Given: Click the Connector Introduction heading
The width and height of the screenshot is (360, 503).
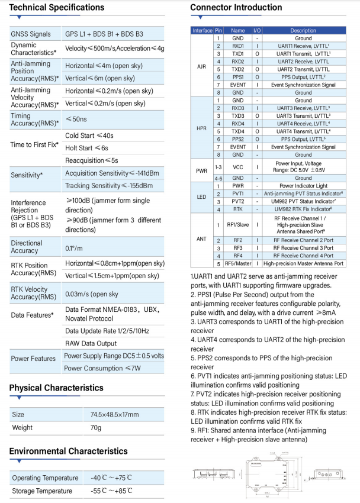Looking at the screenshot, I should [x=236, y=8].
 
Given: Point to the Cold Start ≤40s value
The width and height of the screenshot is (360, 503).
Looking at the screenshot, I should [x=89, y=135].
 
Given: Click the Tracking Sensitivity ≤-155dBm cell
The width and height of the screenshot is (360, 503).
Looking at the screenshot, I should [x=108, y=185].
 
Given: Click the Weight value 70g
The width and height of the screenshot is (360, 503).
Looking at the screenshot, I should [x=96, y=427].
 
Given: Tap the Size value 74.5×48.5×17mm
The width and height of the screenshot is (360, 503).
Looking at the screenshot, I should [x=114, y=414].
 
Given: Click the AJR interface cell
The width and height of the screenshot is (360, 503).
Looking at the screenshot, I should [x=201, y=66].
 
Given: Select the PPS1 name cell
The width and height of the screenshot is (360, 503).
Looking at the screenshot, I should [x=238, y=76].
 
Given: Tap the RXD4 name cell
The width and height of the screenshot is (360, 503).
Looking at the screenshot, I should [x=238, y=123].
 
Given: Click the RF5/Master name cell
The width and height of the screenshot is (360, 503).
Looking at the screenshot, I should [x=238, y=263].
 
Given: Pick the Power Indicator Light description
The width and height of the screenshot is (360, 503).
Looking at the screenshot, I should [x=303, y=185].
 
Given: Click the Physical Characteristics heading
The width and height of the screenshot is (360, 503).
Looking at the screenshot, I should [x=56, y=388].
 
